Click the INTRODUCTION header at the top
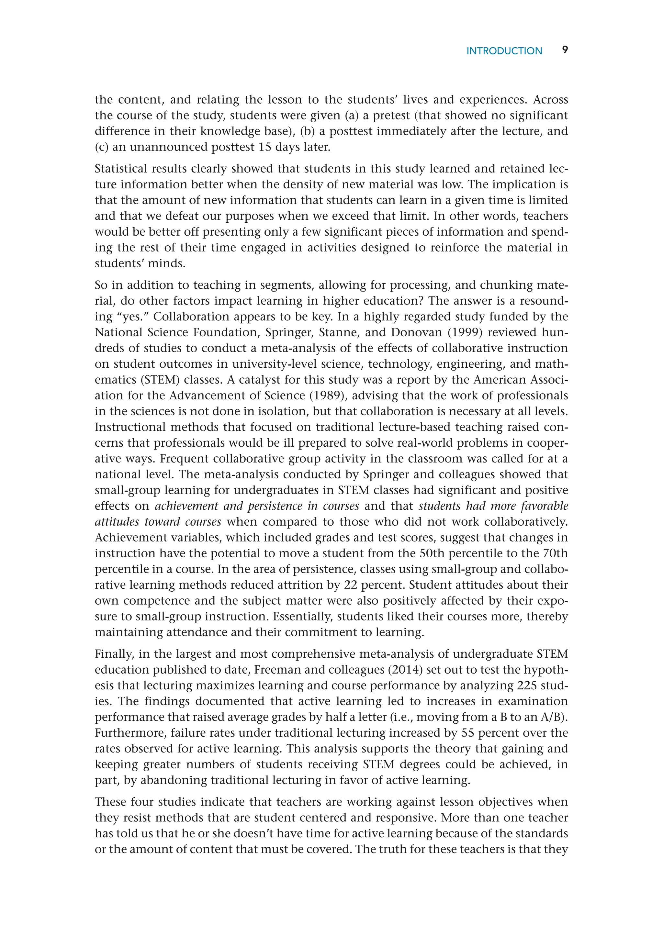504,51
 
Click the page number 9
565,50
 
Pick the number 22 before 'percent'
350,585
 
